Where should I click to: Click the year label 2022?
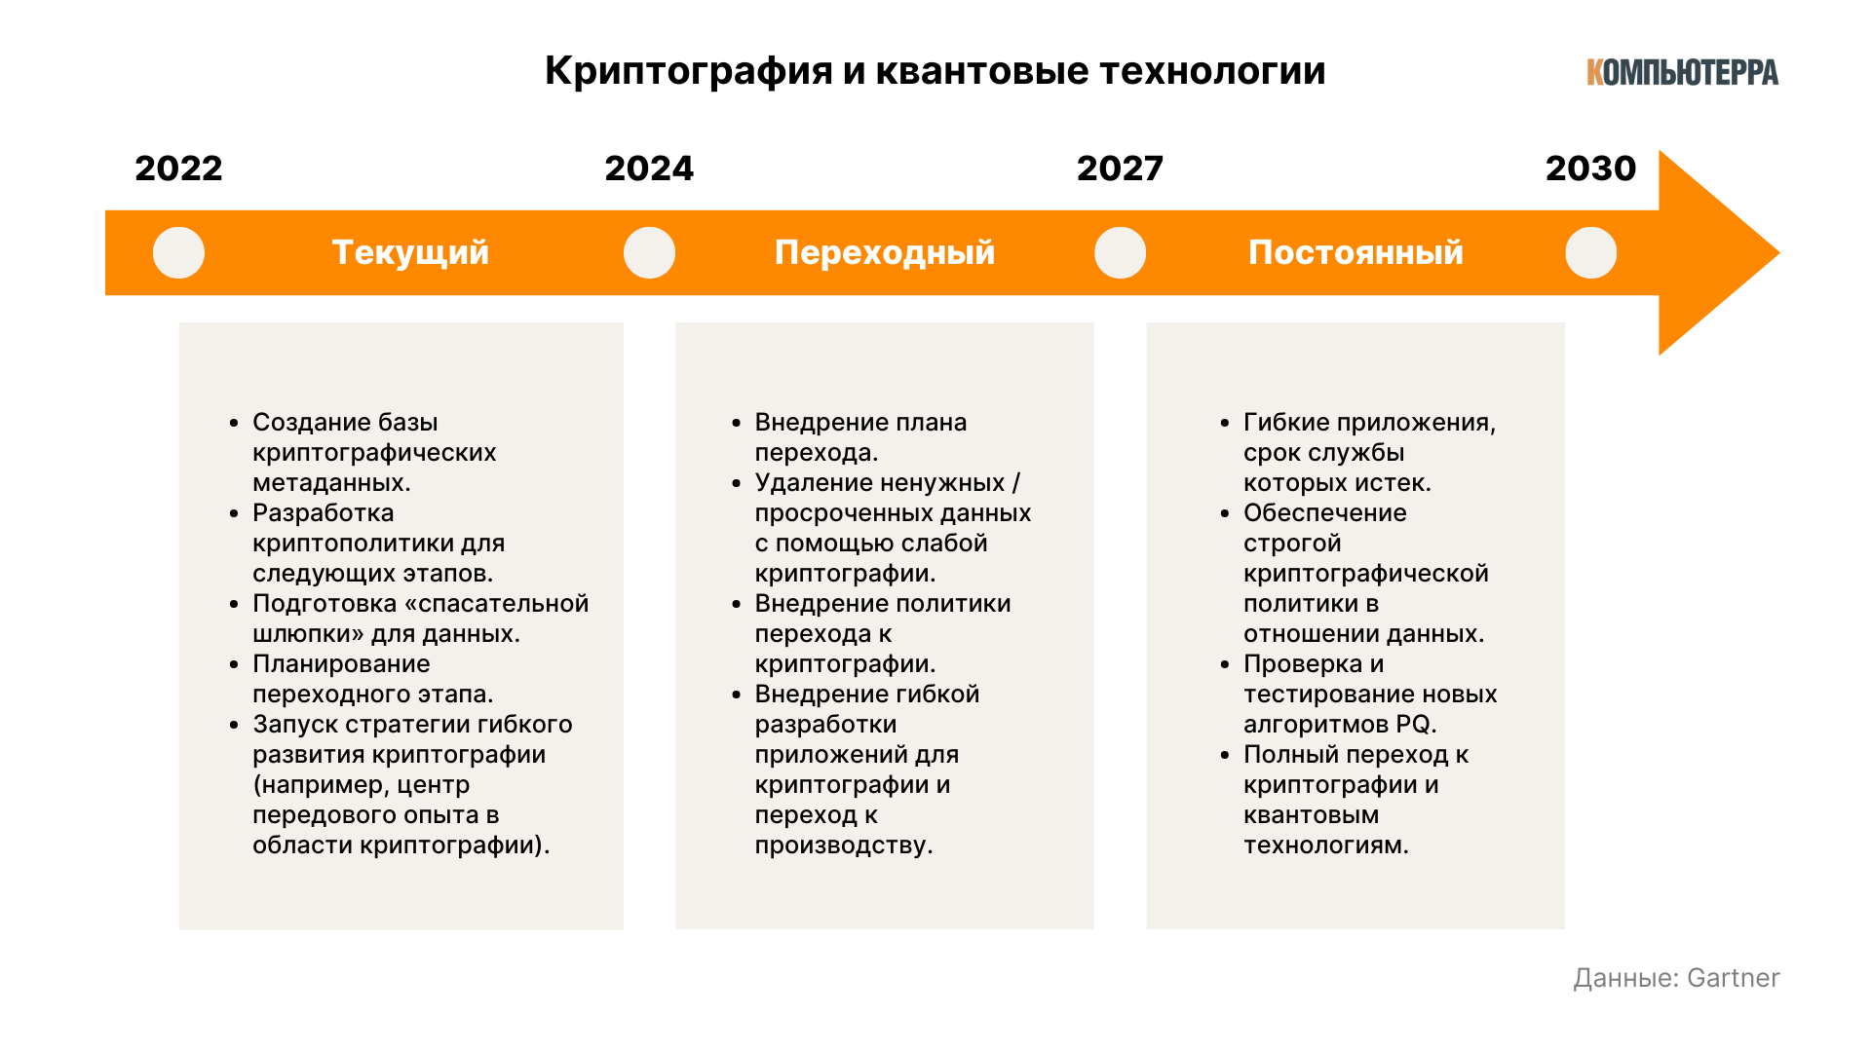tap(178, 169)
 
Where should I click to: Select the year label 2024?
tap(649, 169)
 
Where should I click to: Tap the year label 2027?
tap(1120, 169)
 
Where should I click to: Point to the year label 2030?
tap(1590, 169)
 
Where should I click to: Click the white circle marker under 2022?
tap(178, 253)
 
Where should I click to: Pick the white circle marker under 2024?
tap(649, 253)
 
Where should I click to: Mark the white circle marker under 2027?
tap(1120, 253)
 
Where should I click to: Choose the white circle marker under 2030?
tap(1590, 253)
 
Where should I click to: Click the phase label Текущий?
tap(410, 253)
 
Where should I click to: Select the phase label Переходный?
tap(885, 253)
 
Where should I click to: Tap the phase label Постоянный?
tap(1356, 253)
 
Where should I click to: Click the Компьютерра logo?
tap(1683, 72)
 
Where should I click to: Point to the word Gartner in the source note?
tap(1733, 978)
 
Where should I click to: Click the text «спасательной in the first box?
tap(497, 604)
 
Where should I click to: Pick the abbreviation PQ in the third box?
tap(1414, 725)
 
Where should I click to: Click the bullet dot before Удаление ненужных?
tap(737, 483)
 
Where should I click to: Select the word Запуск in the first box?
tap(295, 726)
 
